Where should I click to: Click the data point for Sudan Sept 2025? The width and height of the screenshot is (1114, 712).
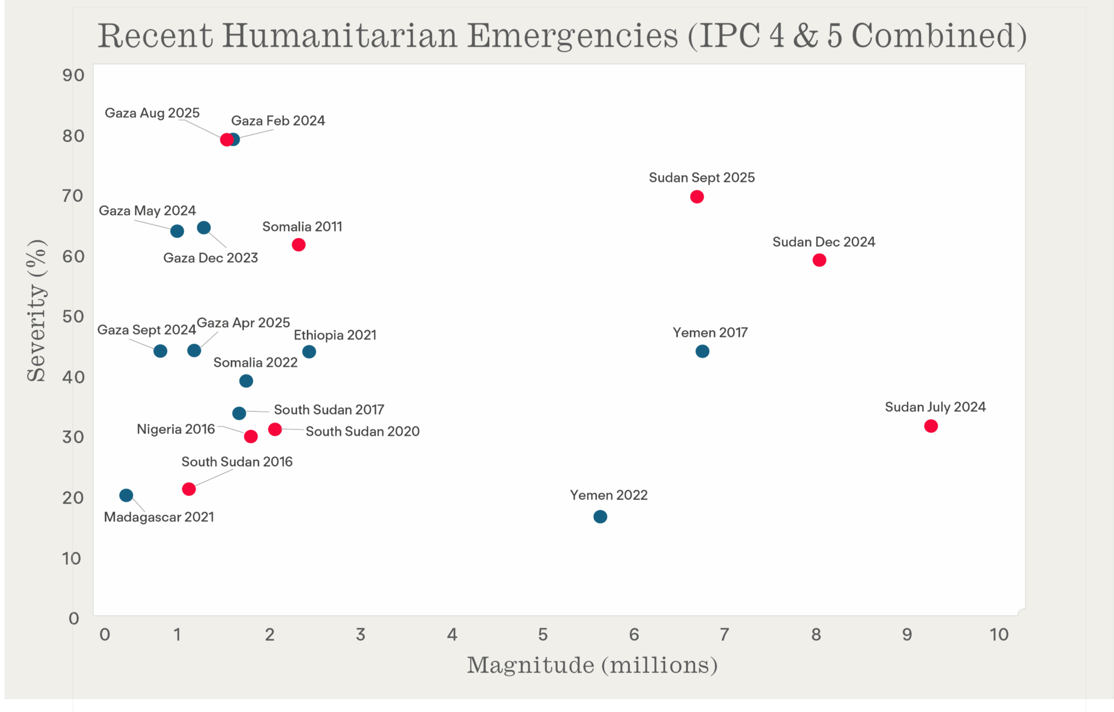pos(697,197)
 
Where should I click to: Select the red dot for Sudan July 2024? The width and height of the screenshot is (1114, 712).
pos(931,426)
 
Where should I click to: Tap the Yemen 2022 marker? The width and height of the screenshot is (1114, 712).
pos(600,516)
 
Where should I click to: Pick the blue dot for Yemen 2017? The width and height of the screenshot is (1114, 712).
pos(702,351)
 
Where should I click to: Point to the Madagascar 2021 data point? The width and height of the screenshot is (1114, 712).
pos(126,495)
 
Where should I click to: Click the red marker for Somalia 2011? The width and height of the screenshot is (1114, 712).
pos(299,245)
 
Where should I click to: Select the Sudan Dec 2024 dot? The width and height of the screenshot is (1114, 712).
pos(819,260)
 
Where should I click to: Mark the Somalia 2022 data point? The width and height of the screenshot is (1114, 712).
pos(246,381)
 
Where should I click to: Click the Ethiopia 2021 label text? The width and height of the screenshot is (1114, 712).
pos(335,335)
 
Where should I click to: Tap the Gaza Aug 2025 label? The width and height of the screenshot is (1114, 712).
pos(152,113)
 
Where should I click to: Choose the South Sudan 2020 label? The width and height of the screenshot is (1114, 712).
pos(362,431)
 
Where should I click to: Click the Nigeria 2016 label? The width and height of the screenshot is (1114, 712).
pos(176,429)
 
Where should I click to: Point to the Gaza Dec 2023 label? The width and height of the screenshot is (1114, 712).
pos(211,257)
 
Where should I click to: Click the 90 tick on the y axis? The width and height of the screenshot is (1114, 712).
pos(74,75)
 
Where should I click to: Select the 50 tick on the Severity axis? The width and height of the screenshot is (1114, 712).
pos(74,317)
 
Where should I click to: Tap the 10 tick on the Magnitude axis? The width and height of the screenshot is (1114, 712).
pos(999,634)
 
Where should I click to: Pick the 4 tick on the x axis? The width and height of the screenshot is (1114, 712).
pos(452,634)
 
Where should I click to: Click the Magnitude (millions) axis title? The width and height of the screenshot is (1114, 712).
pos(592,665)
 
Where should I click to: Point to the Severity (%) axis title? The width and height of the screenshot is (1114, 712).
pos(36,311)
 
